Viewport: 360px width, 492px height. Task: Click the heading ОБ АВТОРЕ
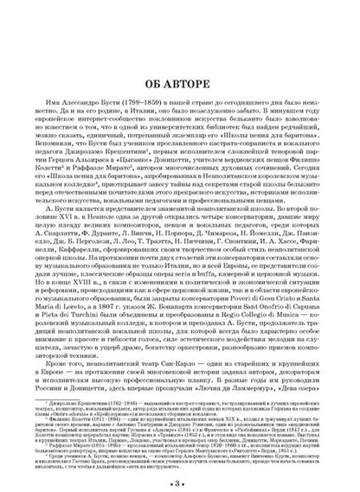tap(180, 59)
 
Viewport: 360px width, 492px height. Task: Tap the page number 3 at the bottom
tap(180, 481)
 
